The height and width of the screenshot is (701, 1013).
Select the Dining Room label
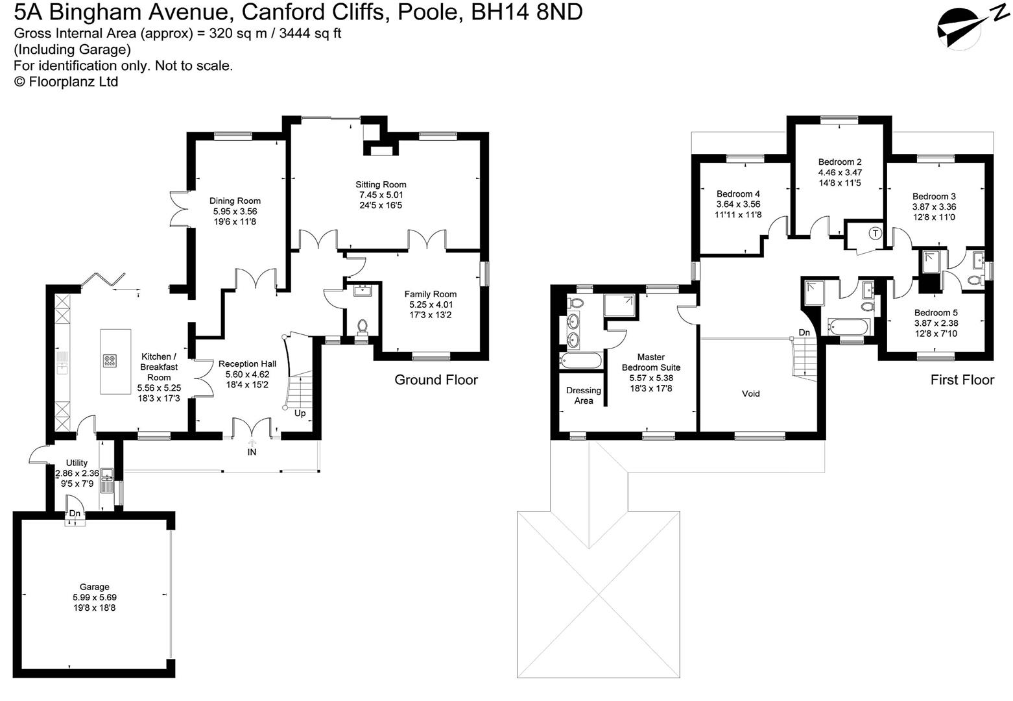tap(235, 201)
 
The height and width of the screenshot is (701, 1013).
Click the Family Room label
tap(430, 294)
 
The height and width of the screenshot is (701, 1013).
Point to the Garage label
tap(95, 587)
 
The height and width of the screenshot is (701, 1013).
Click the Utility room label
tap(77, 463)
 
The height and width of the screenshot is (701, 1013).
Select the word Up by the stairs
tap(300, 413)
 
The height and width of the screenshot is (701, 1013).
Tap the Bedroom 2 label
tap(840, 162)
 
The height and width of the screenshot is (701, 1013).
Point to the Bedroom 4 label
tap(738, 193)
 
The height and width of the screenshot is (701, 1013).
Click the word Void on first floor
tap(750, 393)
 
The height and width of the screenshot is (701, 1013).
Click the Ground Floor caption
tap(436, 380)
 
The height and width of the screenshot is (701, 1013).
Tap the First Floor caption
tap(962, 380)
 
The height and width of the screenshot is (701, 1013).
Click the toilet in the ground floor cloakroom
tap(363, 325)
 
